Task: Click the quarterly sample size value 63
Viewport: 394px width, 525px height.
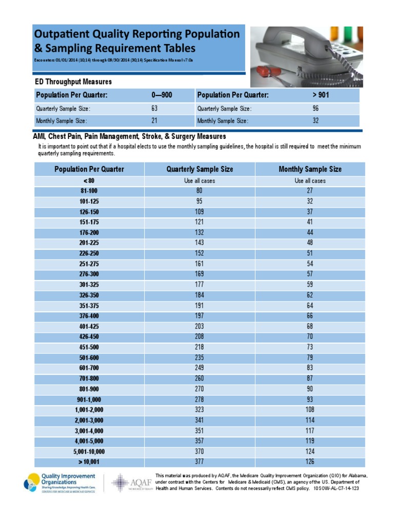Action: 154,109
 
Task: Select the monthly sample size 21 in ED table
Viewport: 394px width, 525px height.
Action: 154,121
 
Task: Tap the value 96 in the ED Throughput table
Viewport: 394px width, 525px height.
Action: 316,109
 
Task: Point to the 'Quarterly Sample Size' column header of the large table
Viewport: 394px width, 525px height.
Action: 200,169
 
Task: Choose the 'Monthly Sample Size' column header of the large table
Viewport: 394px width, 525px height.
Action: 310,169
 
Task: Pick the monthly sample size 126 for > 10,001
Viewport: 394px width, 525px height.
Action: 310,461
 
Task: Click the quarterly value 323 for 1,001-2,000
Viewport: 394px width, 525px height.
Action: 200,410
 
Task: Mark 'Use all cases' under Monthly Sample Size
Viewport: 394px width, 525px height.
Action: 310,181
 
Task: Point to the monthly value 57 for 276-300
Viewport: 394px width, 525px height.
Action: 310,274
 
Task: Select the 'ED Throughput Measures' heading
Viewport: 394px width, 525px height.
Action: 73,82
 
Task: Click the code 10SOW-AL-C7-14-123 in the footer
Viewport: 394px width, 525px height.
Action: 336,489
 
